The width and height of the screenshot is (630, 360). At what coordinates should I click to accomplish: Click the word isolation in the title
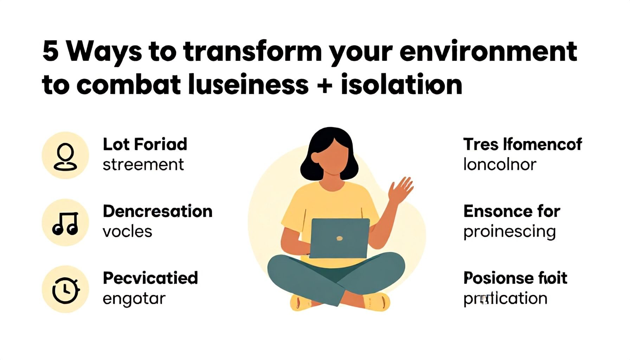point(401,85)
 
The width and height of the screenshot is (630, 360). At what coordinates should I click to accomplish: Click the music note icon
point(65,223)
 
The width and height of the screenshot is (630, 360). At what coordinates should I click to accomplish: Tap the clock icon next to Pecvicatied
point(65,290)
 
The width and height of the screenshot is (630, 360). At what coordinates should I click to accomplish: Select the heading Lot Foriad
point(145,144)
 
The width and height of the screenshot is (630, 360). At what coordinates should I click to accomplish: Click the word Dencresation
point(157,211)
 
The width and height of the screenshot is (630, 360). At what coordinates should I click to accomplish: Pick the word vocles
point(127,232)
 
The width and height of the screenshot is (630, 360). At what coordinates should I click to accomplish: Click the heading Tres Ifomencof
point(522,144)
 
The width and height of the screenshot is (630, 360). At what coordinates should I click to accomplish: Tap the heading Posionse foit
point(515,278)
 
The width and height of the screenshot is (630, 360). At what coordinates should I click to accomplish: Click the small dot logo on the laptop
point(339,238)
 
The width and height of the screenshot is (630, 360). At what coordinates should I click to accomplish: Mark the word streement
point(143,165)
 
